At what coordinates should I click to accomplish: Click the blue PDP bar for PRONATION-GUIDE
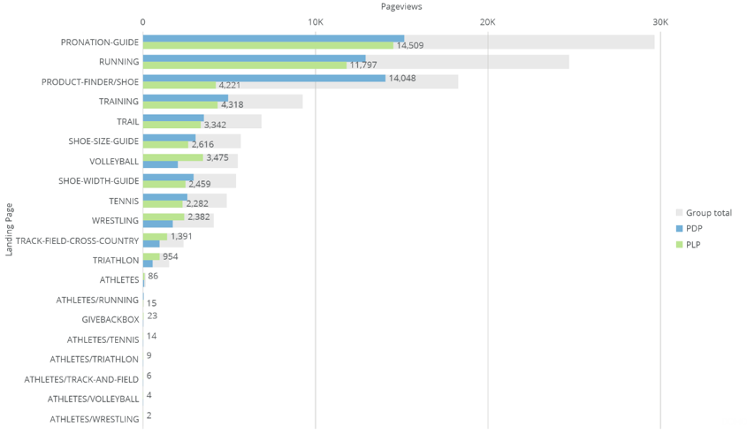[273, 39]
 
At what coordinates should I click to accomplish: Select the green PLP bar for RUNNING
[245, 65]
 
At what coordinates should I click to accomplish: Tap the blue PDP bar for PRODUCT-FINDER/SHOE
[263, 78]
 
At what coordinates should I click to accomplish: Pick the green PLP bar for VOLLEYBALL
[172, 157]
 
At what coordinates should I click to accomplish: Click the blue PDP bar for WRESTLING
[157, 224]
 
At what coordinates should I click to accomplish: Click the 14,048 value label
[402, 78]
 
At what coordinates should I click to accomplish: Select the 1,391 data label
[181, 237]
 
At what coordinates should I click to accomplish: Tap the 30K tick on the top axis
[659, 21]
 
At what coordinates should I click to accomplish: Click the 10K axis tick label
[315, 21]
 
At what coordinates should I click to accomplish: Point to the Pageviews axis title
[401, 6]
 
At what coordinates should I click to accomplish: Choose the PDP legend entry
[693, 228]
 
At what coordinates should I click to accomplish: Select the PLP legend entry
[693, 244]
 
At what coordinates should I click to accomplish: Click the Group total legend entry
[708, 212]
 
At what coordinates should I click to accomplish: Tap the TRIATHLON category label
[116, 261]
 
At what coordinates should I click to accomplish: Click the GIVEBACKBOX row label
[111, 319]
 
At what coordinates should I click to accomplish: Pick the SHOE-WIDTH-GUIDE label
[99, 181]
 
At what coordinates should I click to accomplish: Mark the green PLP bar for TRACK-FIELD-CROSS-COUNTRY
[155, 237]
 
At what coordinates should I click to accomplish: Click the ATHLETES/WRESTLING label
[95, 419]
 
